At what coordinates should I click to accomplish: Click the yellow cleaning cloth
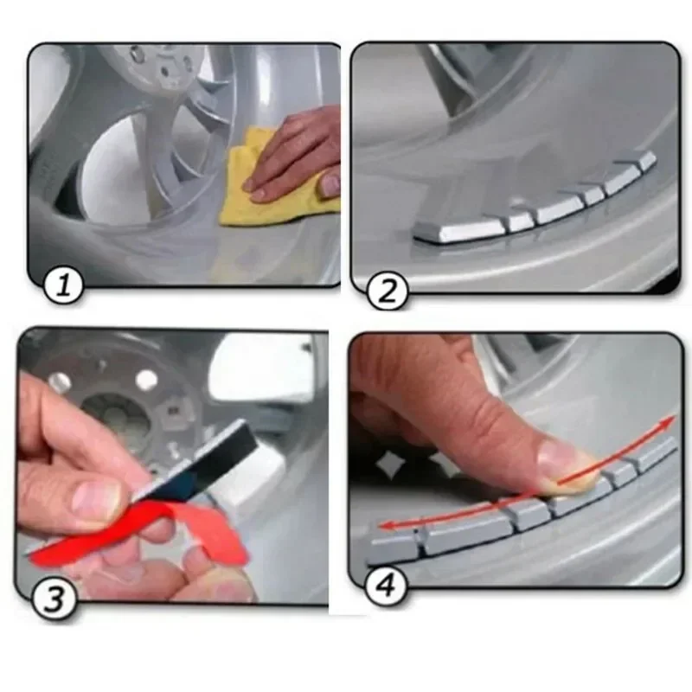(x=259, y=182)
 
